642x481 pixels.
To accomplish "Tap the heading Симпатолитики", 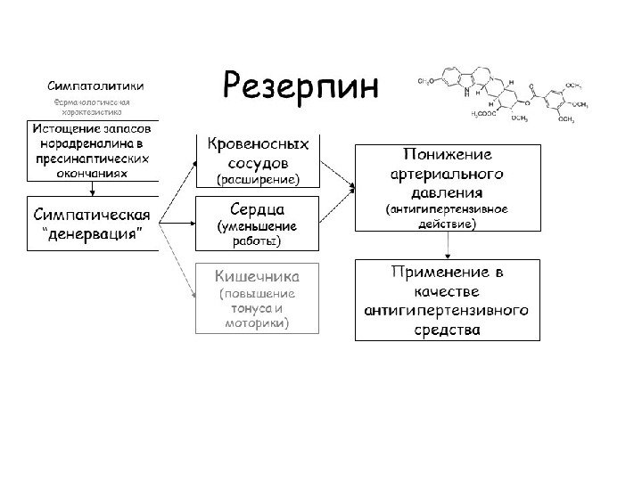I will point(97,86).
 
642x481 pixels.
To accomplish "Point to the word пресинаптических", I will point(92,159).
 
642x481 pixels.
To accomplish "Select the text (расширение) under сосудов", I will point(258,181).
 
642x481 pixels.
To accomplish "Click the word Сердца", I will point(258,208).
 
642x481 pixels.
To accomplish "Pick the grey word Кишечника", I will point(258,275).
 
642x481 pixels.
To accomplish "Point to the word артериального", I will point(447,173).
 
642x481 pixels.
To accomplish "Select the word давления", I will point(447,191).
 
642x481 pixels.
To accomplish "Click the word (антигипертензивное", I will point(447,210).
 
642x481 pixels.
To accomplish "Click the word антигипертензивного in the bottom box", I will point(447,311).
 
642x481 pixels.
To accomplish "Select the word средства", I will point(447,330).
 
